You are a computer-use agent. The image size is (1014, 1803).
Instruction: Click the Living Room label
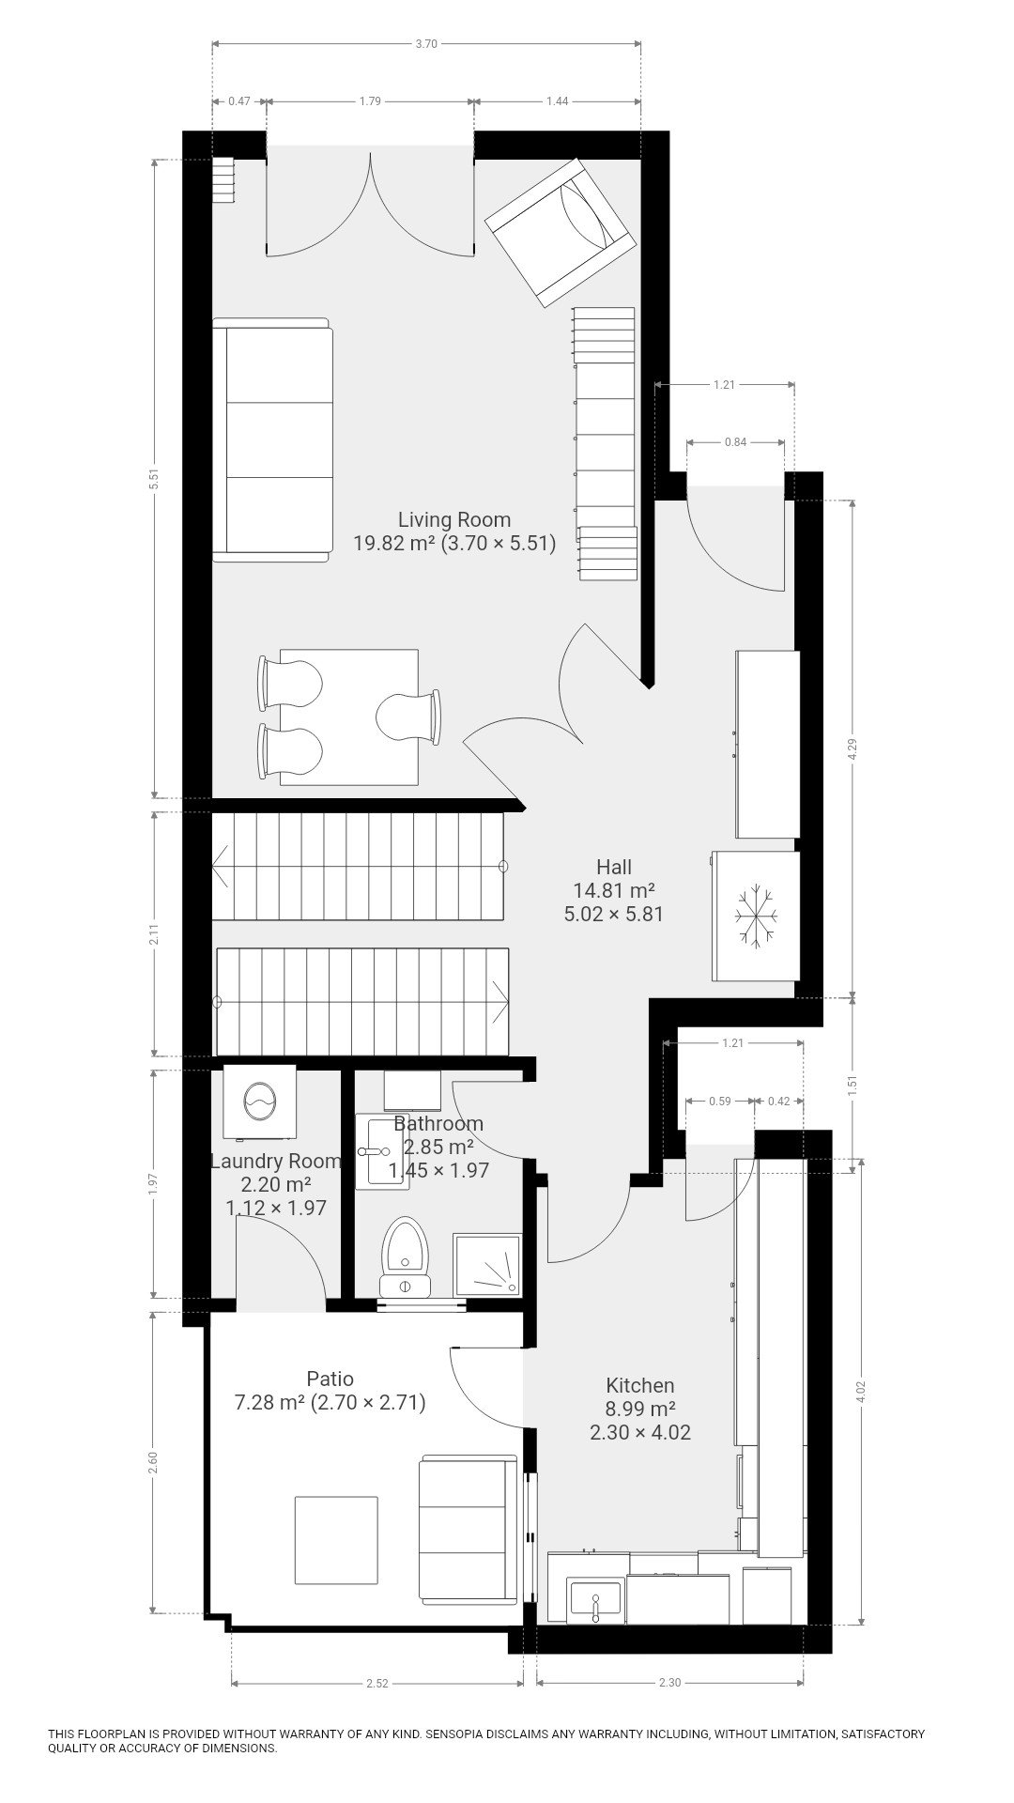click(454, 519)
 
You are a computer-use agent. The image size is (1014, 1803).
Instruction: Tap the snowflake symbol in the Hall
click(757, 915)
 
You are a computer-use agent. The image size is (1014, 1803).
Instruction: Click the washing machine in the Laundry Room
click(259, 1101)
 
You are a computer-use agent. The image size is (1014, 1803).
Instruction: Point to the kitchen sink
click(595, 1599)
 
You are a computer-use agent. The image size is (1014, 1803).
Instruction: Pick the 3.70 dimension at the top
click(428, 43)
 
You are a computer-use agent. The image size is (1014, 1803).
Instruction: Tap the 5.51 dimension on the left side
click(156, 479)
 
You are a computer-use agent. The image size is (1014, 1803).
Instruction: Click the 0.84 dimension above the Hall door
click(736, 442)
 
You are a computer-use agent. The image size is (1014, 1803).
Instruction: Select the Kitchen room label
click(640, 1384)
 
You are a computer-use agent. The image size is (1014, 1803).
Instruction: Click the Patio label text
click(330, 1378)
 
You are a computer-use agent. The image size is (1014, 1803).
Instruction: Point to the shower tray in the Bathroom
click(486, 1265)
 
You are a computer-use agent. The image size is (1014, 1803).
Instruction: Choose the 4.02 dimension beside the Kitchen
click(862, 1392)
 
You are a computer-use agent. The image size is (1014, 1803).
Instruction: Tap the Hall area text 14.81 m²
click(614, 890)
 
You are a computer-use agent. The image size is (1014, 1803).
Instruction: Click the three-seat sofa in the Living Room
click(272, 439)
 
